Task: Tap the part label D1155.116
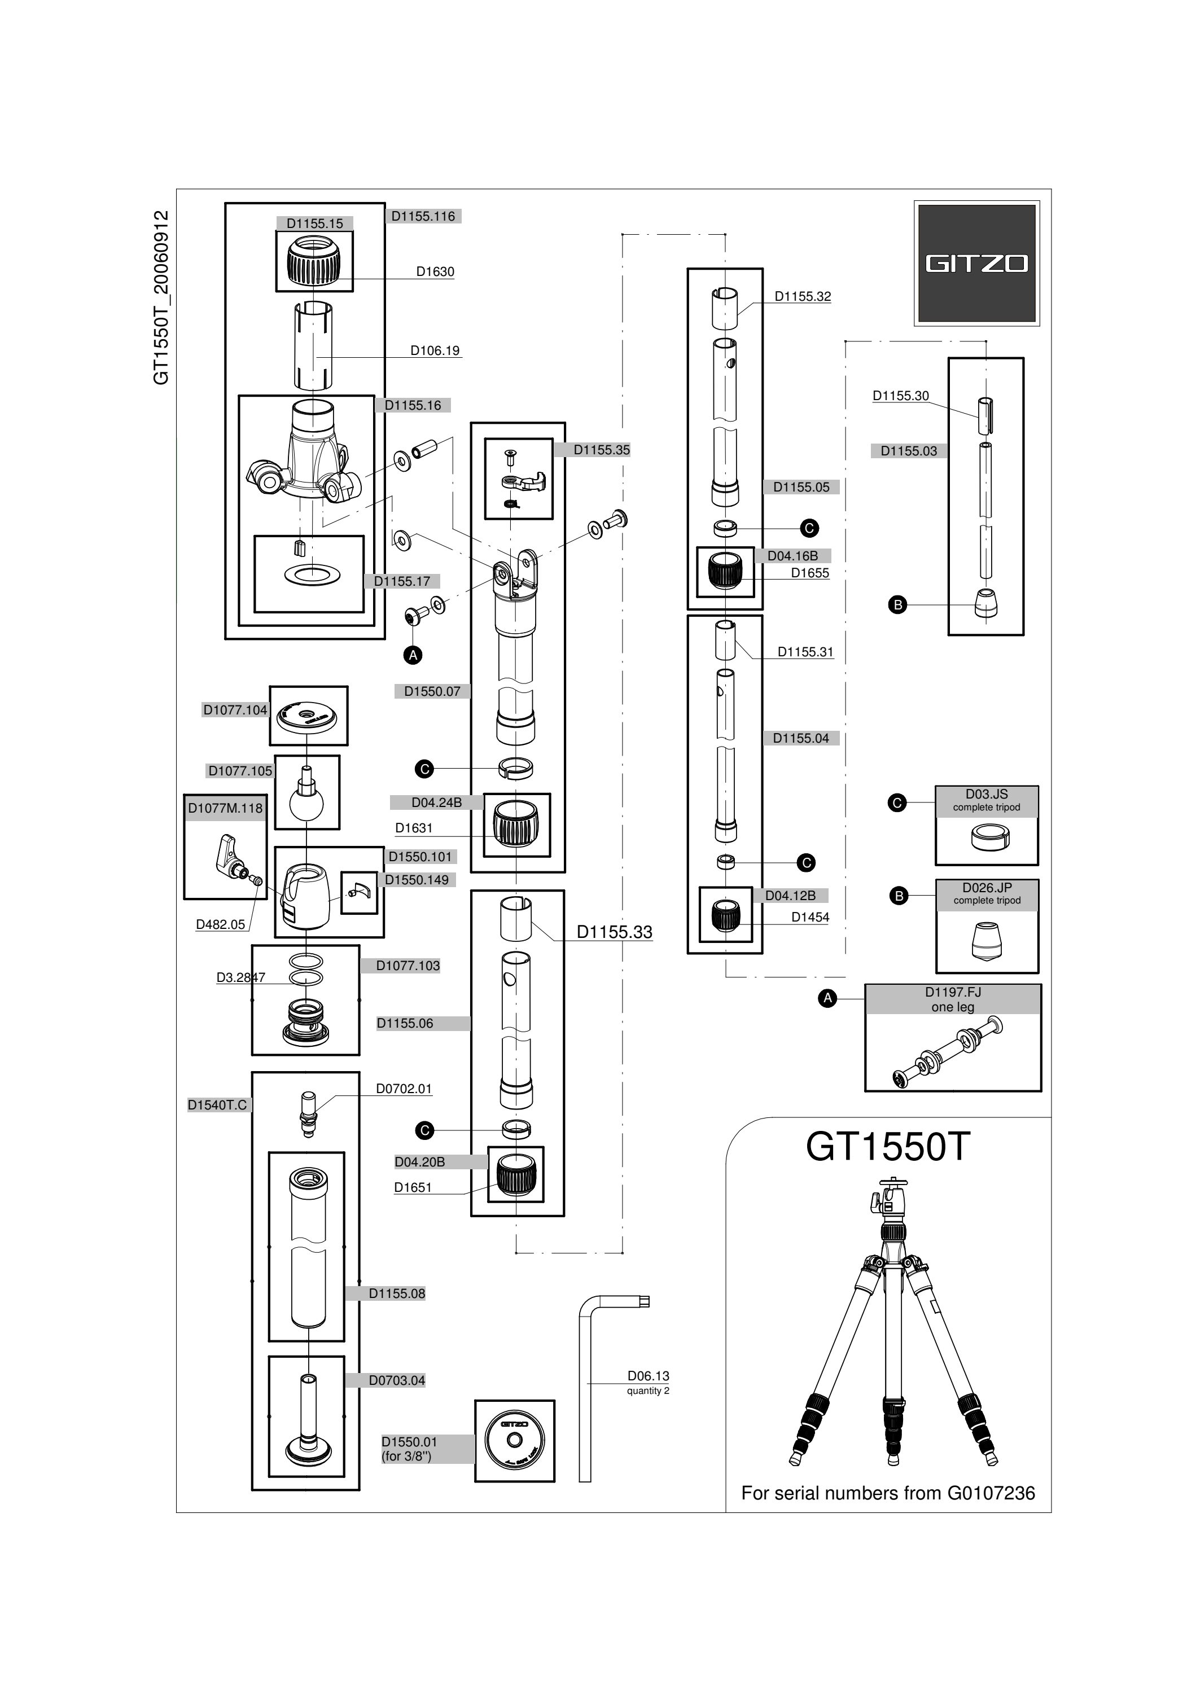[423, 216]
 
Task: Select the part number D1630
[435, 271]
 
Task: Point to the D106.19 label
[435, 350]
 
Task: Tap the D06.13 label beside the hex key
[648, 1376]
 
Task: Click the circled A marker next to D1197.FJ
[828, 998]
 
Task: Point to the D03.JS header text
[987, 794]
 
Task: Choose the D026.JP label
[987, 888]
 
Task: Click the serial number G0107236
[991, 1493]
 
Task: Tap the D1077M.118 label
[225, 808]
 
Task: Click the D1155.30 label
[900, 396]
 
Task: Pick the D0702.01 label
[404, 1089]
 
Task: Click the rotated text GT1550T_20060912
[161, 297]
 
